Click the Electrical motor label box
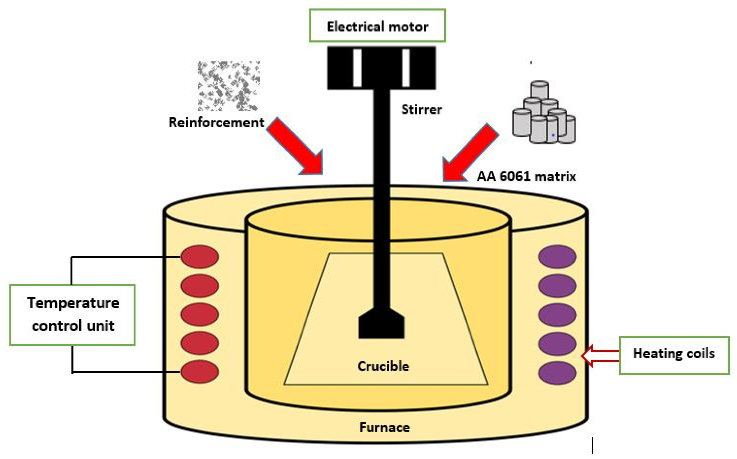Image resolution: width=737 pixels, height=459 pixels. click(377, 26)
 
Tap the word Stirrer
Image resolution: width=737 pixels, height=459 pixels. click(422, 110)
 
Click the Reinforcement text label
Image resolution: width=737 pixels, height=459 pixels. click(216, 123)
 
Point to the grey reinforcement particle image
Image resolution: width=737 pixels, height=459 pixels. click(228, 86)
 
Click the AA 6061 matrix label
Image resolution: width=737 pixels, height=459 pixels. click(527, 177)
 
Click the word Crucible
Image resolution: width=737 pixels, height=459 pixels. click(383, 366)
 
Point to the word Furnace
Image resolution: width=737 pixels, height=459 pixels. click(384, 427)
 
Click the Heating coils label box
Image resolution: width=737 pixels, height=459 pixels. click(674, 355)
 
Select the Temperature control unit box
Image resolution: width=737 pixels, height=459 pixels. click(72, 315)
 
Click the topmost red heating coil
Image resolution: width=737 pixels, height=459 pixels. click(200, 257)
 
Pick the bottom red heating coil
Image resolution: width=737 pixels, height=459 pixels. click(200, 372)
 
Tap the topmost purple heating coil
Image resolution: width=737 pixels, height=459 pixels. click(557, 257)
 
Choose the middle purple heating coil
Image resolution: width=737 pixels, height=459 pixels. click(557, 315)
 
